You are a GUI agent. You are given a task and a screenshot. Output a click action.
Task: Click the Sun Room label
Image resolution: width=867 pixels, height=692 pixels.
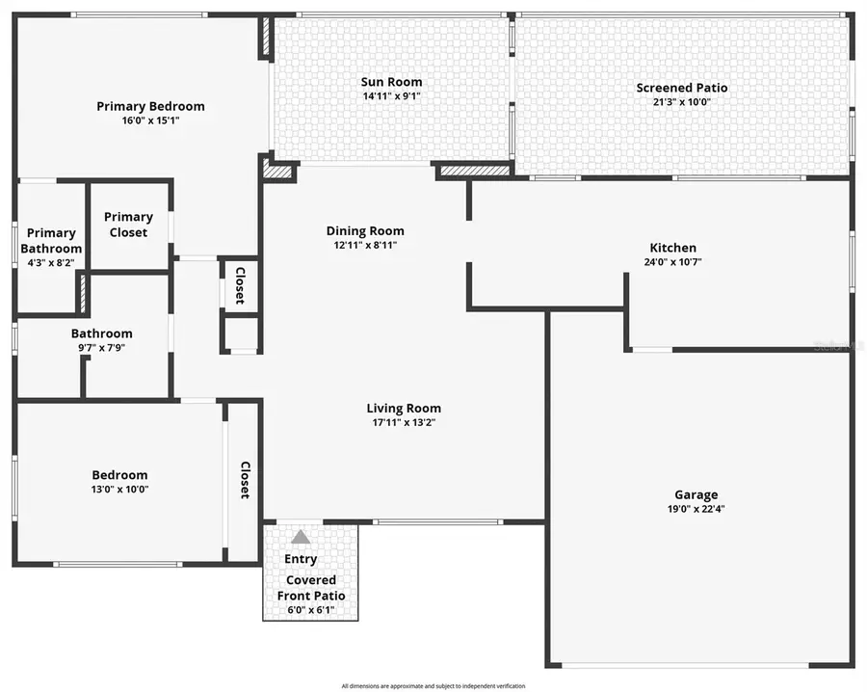click(x=391, y=82)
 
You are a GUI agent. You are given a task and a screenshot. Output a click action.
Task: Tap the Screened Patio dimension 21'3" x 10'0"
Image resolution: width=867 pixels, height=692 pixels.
click(x=681, y=101)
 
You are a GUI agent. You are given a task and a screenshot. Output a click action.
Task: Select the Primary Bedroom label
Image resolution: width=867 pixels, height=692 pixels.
click(x=150, y=106)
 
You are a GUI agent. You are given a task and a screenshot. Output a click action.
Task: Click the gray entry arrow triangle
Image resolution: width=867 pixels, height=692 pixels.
click(x=301, y=537)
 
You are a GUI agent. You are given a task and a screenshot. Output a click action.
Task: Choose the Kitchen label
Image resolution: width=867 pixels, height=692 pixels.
click(x=672, y=248)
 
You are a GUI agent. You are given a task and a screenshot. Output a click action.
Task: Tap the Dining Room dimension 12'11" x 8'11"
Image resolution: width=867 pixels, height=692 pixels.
click(x=364, y=245)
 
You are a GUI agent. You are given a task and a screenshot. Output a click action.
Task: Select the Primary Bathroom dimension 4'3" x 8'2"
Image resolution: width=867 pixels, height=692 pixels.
click(x=51, y=262)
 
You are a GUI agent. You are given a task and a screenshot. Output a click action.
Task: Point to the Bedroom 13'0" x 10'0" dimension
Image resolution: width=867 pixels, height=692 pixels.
click(x=119, y=489)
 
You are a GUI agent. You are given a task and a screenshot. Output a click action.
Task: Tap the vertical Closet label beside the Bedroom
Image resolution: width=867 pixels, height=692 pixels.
click(x=245, y=479)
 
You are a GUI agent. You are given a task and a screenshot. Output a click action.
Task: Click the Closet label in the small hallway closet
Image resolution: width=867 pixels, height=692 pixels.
click(x=240, y=285)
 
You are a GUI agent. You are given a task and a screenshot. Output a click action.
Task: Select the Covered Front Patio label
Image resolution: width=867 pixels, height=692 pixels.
click(x=310, y=588)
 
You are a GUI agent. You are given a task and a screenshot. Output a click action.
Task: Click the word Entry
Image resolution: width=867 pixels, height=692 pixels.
click(x=301, y=559)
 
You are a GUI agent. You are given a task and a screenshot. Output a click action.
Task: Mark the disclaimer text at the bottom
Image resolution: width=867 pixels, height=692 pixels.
click(x=433, y=686)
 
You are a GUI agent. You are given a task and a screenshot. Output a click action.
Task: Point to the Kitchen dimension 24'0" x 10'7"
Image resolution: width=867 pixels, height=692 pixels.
click(x=672, y=261)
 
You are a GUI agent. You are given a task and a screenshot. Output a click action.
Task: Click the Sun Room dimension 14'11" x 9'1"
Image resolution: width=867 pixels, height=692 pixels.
click(x=391, y=96)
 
